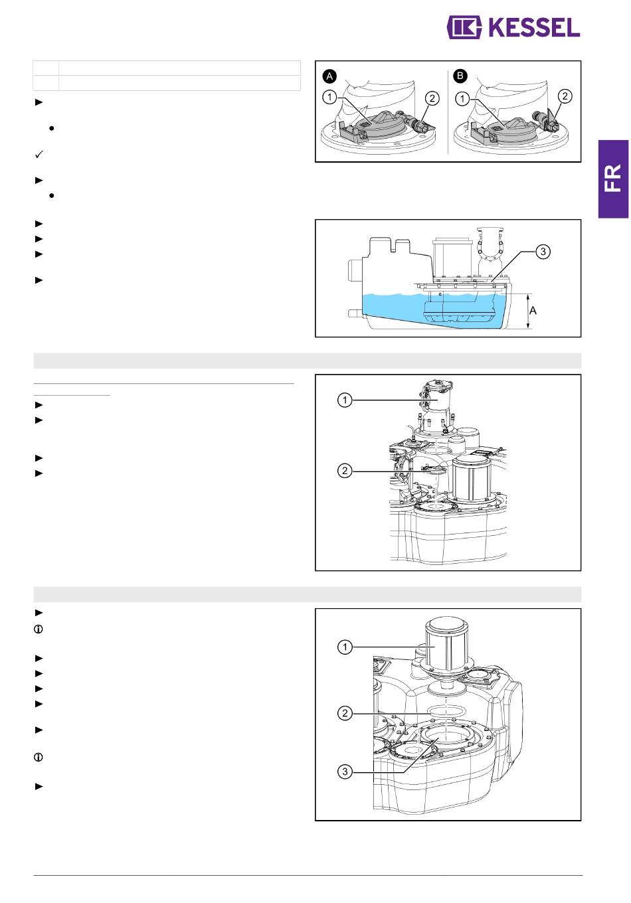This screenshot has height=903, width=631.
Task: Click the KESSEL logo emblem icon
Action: pos(464,27)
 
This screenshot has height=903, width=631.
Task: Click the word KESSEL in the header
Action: pos(534,28)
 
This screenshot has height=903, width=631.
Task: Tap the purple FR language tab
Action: pos(613,179)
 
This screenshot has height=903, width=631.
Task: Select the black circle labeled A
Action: pos(330,76)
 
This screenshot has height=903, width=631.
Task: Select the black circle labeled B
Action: pos(460,76)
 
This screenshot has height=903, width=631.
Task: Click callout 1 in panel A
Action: pos(330,97)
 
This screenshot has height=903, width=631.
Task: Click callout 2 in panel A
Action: pos(432,98)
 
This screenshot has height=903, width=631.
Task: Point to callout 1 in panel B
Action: pos(462,98)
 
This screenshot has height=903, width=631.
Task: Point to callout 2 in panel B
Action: pos(565,96)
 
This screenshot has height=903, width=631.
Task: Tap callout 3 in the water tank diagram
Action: pos(543,252)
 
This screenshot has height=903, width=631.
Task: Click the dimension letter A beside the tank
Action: pos(533,311)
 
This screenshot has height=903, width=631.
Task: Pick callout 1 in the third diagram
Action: pos(345,400)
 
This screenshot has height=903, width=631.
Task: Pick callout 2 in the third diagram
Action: pos(345,471)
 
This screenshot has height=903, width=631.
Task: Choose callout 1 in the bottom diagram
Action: pos(345,647)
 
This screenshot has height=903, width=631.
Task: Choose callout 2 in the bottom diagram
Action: pos(345,713)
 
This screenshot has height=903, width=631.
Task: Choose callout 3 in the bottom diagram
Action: pos(345,772)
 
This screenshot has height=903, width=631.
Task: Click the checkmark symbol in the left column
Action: pos(39,154)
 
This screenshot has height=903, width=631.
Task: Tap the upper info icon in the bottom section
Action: pos(39,629)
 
